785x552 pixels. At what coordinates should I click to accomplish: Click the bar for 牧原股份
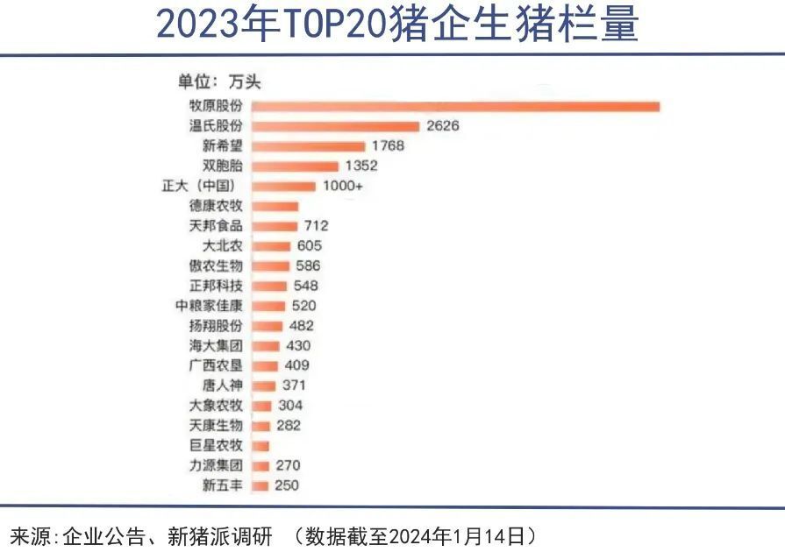click(456, 106)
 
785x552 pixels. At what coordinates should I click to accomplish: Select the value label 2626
click(443, 126)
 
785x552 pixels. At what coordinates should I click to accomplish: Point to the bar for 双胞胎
click(295, 166)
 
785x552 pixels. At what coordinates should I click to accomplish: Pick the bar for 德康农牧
click(275, 207)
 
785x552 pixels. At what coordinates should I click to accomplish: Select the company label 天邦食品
click(216, 226)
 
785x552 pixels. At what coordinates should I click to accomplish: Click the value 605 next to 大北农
click(310, 246)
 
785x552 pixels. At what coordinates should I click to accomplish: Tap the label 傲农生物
click(216, 266)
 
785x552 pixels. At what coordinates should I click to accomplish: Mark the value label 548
click(306, 286)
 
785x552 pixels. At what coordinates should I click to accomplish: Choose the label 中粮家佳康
click(209, 306)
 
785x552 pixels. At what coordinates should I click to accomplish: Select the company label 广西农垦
click(216, 365)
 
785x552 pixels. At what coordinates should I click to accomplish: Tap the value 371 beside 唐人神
click(293, 386)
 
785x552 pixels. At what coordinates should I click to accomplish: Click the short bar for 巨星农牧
click(260, 446)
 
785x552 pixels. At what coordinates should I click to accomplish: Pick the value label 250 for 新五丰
click(287, 485)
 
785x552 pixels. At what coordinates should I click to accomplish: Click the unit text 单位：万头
click(219, 83)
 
